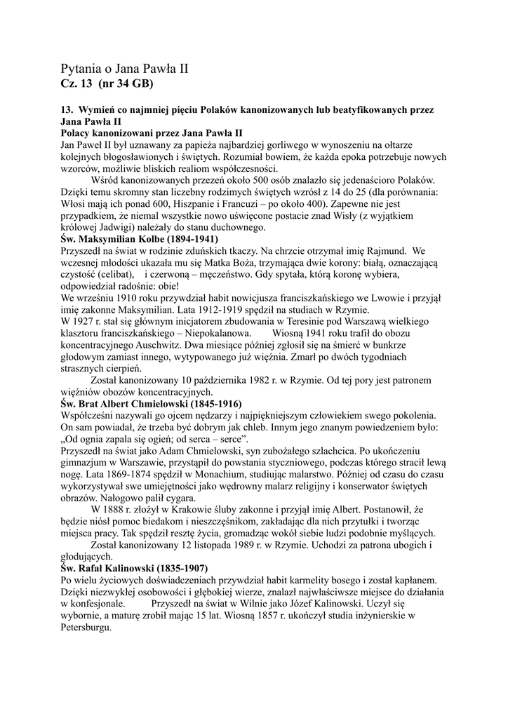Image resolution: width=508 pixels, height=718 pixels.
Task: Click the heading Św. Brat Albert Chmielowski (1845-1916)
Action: pos(151,405)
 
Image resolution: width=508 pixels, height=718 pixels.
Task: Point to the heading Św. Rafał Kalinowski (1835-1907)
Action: pos(135,567)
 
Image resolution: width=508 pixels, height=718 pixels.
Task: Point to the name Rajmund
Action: pos(385,250)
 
